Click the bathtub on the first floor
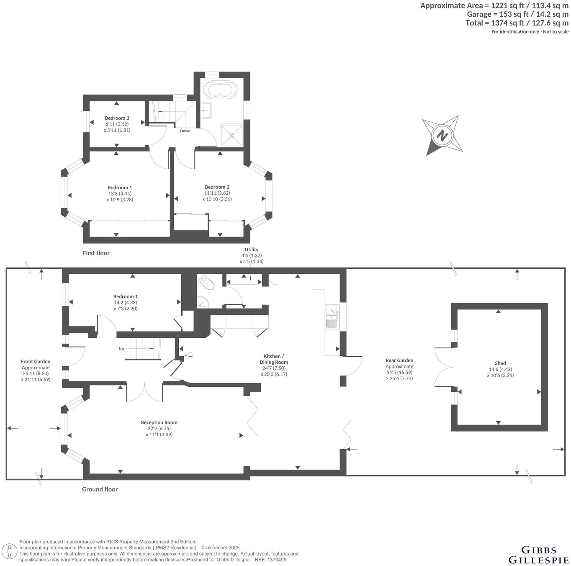pos(220,89)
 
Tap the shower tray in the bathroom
pos(231,134)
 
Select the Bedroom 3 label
pos(117,118)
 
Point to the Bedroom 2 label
pos(217,187)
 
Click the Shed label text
pos(500,363)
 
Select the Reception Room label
pos(159,422)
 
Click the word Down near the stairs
pos(185,131)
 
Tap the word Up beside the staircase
pos(121,348)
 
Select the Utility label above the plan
pos(252,250)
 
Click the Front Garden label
pos(36,361)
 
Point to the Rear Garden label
pos(399,360)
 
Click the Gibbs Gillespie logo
pos(538,554)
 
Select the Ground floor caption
pos(100,489)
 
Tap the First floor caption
pos(96,253)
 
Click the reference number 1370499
pos(277,560)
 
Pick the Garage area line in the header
pos(517,14)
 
